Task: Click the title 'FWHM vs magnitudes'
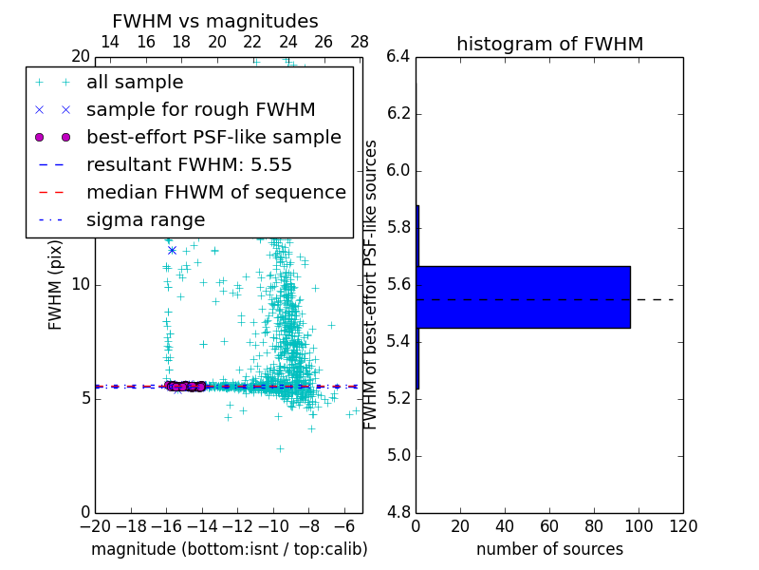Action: (x=215, y=21)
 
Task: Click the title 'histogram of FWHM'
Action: (x=549, y=44)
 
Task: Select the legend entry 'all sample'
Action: (x=135, y=83)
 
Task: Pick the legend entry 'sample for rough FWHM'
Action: (x=200, y=109)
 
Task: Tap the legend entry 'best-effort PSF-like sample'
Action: (x=213, y=137)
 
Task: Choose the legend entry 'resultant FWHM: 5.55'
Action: (x=189, y=164)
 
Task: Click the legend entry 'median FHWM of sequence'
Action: (x=215, y=192)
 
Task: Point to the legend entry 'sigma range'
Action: (x=145, y=219)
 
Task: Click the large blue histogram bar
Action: (x=523, y=296)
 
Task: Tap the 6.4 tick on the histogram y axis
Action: (x=398, y=57)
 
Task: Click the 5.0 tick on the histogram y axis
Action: (x=398, y=455)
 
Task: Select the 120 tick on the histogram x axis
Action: (x=683, y=525)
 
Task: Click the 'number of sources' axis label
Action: (x=549, y=549)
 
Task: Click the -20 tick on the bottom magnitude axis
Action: (x=95, y=525)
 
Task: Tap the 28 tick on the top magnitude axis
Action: (x=360, y=42)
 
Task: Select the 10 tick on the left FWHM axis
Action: (x=81, y=284)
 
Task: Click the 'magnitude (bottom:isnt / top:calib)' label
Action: (x=229, y=549)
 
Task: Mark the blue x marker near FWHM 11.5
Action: (x=172, y=250)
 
